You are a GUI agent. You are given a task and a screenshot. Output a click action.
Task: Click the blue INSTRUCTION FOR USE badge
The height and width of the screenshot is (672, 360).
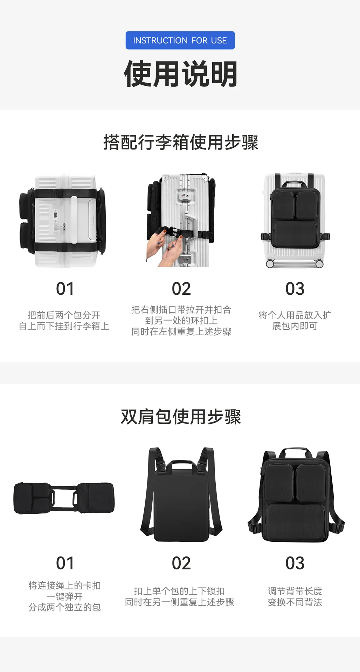[180, 40]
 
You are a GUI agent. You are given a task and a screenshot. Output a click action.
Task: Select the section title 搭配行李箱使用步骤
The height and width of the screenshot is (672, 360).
[181, 142]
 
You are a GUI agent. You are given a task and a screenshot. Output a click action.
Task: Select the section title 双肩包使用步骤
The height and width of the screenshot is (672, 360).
[181, 417]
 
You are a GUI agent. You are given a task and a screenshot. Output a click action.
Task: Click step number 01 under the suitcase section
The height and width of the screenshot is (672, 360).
[65, 289]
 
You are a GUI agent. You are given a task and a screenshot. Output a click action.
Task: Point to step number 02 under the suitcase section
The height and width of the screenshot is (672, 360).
[181, 289]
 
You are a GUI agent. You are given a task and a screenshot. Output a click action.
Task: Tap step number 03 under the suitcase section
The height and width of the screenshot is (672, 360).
[295, 289]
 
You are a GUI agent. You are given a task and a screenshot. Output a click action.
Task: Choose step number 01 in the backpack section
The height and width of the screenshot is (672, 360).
[65, 563]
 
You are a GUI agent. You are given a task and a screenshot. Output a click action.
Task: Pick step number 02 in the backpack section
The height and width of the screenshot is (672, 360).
[181, 563]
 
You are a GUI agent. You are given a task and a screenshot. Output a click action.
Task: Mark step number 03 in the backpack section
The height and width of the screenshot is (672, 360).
[295, 563]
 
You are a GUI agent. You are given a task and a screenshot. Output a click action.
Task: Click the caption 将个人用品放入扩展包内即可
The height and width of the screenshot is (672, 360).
[295, 321]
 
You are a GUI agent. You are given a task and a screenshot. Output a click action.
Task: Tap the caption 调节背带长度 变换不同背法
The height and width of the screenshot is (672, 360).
[295, 596]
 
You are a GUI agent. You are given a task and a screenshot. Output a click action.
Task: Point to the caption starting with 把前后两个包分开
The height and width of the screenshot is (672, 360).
[64, 321]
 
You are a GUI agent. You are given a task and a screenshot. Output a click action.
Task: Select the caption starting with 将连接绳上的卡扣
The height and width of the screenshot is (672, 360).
[64, 596]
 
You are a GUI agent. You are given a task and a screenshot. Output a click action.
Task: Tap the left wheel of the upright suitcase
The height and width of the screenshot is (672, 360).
[270, 264]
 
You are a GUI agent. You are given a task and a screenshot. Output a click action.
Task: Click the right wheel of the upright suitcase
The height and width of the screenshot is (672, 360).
[319, 264]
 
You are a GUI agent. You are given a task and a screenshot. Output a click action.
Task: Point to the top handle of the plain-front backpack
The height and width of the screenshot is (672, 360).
[181, 465]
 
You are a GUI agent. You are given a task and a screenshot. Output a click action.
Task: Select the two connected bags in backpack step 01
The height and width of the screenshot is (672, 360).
[64, 498]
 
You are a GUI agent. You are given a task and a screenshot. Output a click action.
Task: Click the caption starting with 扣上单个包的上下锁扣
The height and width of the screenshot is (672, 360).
[180, 596]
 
